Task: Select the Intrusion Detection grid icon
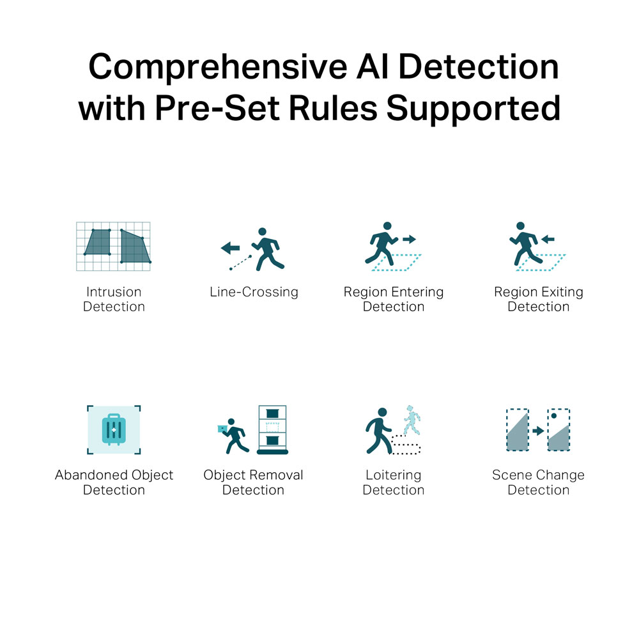[x=113, y=246]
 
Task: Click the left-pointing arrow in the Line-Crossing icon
[x=230, y=247]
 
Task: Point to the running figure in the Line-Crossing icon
[x=268, y=249]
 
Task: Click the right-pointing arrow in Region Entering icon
[x=409, y=239]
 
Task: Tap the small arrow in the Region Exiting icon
[x=548, y=239]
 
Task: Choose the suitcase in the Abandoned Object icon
[x=114, y=429]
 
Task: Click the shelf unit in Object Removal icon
[x=273, y=429]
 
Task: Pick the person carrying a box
[x=233, y=436]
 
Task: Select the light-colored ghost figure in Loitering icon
[x=412, y=420]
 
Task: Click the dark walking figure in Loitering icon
[x=379, y=431]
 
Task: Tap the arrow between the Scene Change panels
[x=538, y=430]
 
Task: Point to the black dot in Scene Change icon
[x=554, y=416]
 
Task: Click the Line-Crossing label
[x=254, y=292]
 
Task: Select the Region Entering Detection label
[x=394, y=299]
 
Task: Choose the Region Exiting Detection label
[x=538, y=299]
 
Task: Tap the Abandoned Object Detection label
[x=114, y=482]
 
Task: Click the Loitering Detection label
[x=394, y=482]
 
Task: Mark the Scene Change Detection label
[x=538, y=482]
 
